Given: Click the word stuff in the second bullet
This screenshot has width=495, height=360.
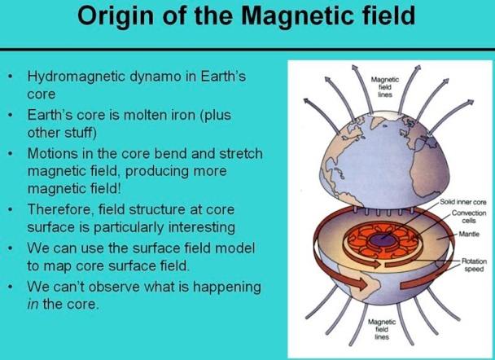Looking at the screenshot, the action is [x=80, y=133].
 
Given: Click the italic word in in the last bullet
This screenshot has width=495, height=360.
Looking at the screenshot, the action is [x=33, y=305].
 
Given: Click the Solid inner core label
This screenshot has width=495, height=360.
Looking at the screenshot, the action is [x=462, y=202].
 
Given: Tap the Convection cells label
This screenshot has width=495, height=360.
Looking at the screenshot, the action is [x=469, y=217].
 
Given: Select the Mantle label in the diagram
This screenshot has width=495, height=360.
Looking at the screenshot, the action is [x=469, y=234].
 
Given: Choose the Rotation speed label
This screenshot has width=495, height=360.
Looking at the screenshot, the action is [x=474, y=265].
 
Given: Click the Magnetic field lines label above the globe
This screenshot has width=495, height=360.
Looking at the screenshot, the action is [x=385, y=87].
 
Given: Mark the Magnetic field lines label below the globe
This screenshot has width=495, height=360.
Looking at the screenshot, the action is [x=382, y=329].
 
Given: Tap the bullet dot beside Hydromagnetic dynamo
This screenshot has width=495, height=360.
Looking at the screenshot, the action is [x=11, y=77].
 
